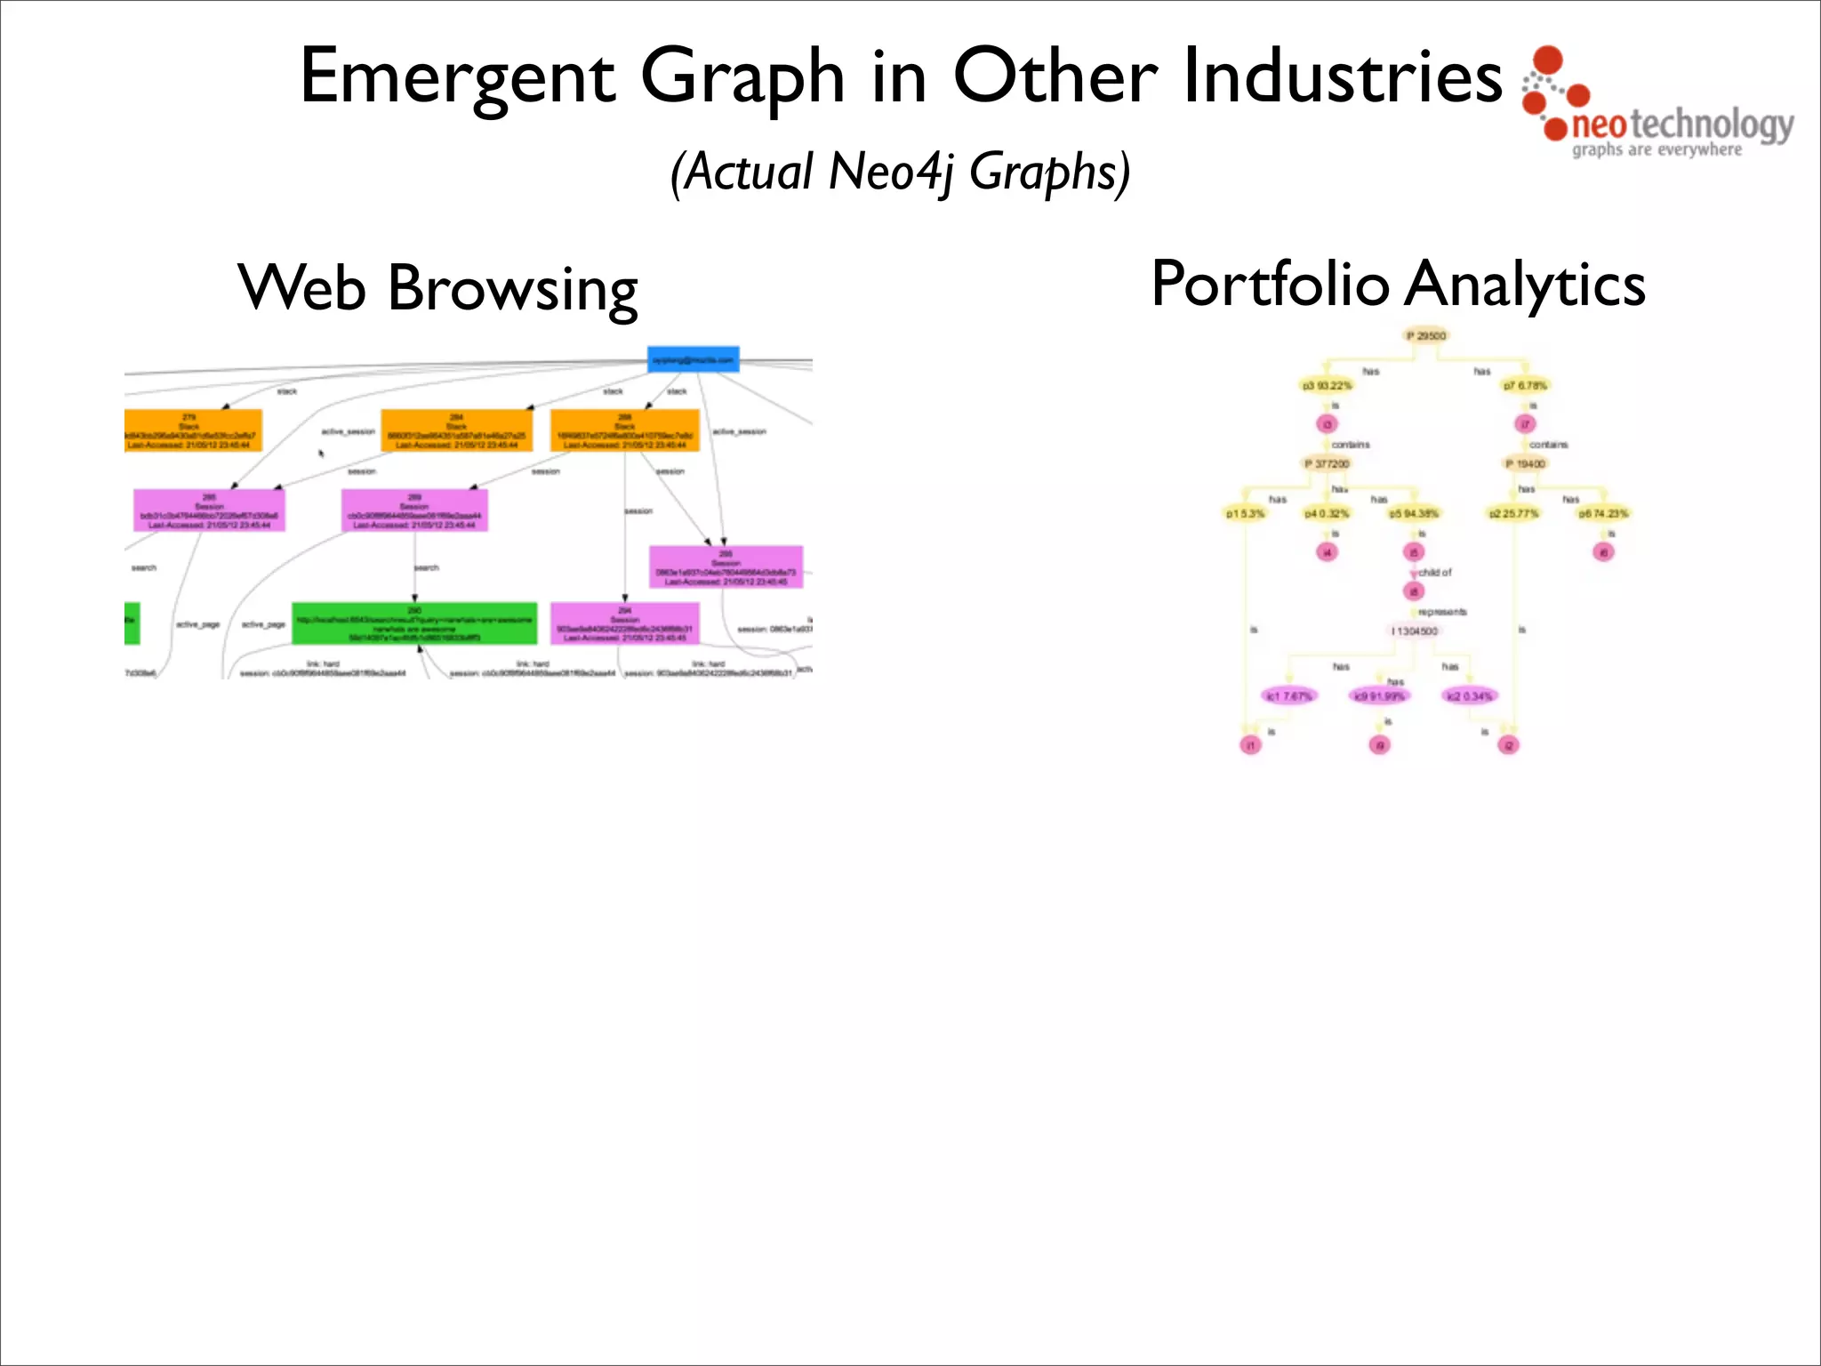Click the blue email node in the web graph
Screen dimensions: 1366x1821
694,359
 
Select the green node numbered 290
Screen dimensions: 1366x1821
414,623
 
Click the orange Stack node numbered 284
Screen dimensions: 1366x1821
456,430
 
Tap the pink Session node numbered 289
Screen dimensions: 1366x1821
414,511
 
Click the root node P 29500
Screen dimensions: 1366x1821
1426,336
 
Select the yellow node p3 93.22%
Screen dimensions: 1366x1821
1327,386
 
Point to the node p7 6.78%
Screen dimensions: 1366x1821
1525,386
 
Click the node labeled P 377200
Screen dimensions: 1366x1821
1327,464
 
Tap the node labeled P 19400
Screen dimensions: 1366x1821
1526,464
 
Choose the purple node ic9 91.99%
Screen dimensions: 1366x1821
1379,696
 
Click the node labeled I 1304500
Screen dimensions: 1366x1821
1415,631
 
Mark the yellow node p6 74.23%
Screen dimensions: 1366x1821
1603,514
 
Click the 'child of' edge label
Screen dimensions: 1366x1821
1434,573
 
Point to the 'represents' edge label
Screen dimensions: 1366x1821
1442,612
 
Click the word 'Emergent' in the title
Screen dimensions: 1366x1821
458,78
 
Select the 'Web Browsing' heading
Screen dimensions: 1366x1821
437,289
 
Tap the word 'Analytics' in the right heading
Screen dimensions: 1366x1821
1527,285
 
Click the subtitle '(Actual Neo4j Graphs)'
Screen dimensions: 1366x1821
900,172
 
